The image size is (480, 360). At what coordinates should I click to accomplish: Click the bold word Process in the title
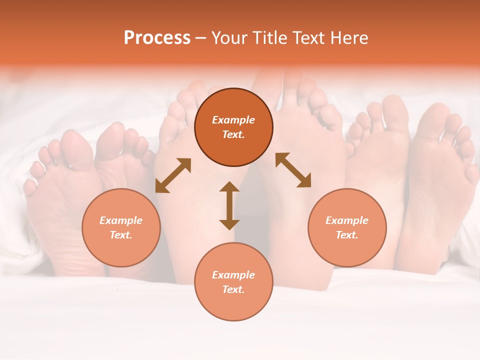click(157, 38)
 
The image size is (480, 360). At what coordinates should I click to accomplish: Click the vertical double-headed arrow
click(229, 205)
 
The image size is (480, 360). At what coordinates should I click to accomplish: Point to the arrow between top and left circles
click(173, 175)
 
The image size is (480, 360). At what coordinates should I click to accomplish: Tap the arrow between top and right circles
click(293, 170)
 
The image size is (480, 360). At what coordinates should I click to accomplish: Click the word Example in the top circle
click(233, 120)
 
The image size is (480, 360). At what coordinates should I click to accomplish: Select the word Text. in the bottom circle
click(233, 289)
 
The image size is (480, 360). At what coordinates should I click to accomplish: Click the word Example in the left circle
click(121, 220)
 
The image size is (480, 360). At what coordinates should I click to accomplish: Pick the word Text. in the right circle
click(347, 235)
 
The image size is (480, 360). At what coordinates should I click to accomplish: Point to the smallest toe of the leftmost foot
click(30, 187)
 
